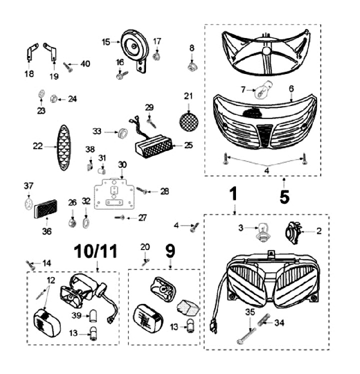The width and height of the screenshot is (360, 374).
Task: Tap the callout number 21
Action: pos(188,95)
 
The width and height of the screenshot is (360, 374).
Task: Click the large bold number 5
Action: pos(284,197)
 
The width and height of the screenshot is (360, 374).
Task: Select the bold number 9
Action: pos(170,250)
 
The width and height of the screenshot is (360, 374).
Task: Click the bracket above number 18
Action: pos(31,52)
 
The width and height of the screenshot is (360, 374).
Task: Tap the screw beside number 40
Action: pos(68,67)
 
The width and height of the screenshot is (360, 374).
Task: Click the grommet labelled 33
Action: pos(121,132)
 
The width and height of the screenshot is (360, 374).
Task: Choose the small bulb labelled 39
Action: pos(92,315)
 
